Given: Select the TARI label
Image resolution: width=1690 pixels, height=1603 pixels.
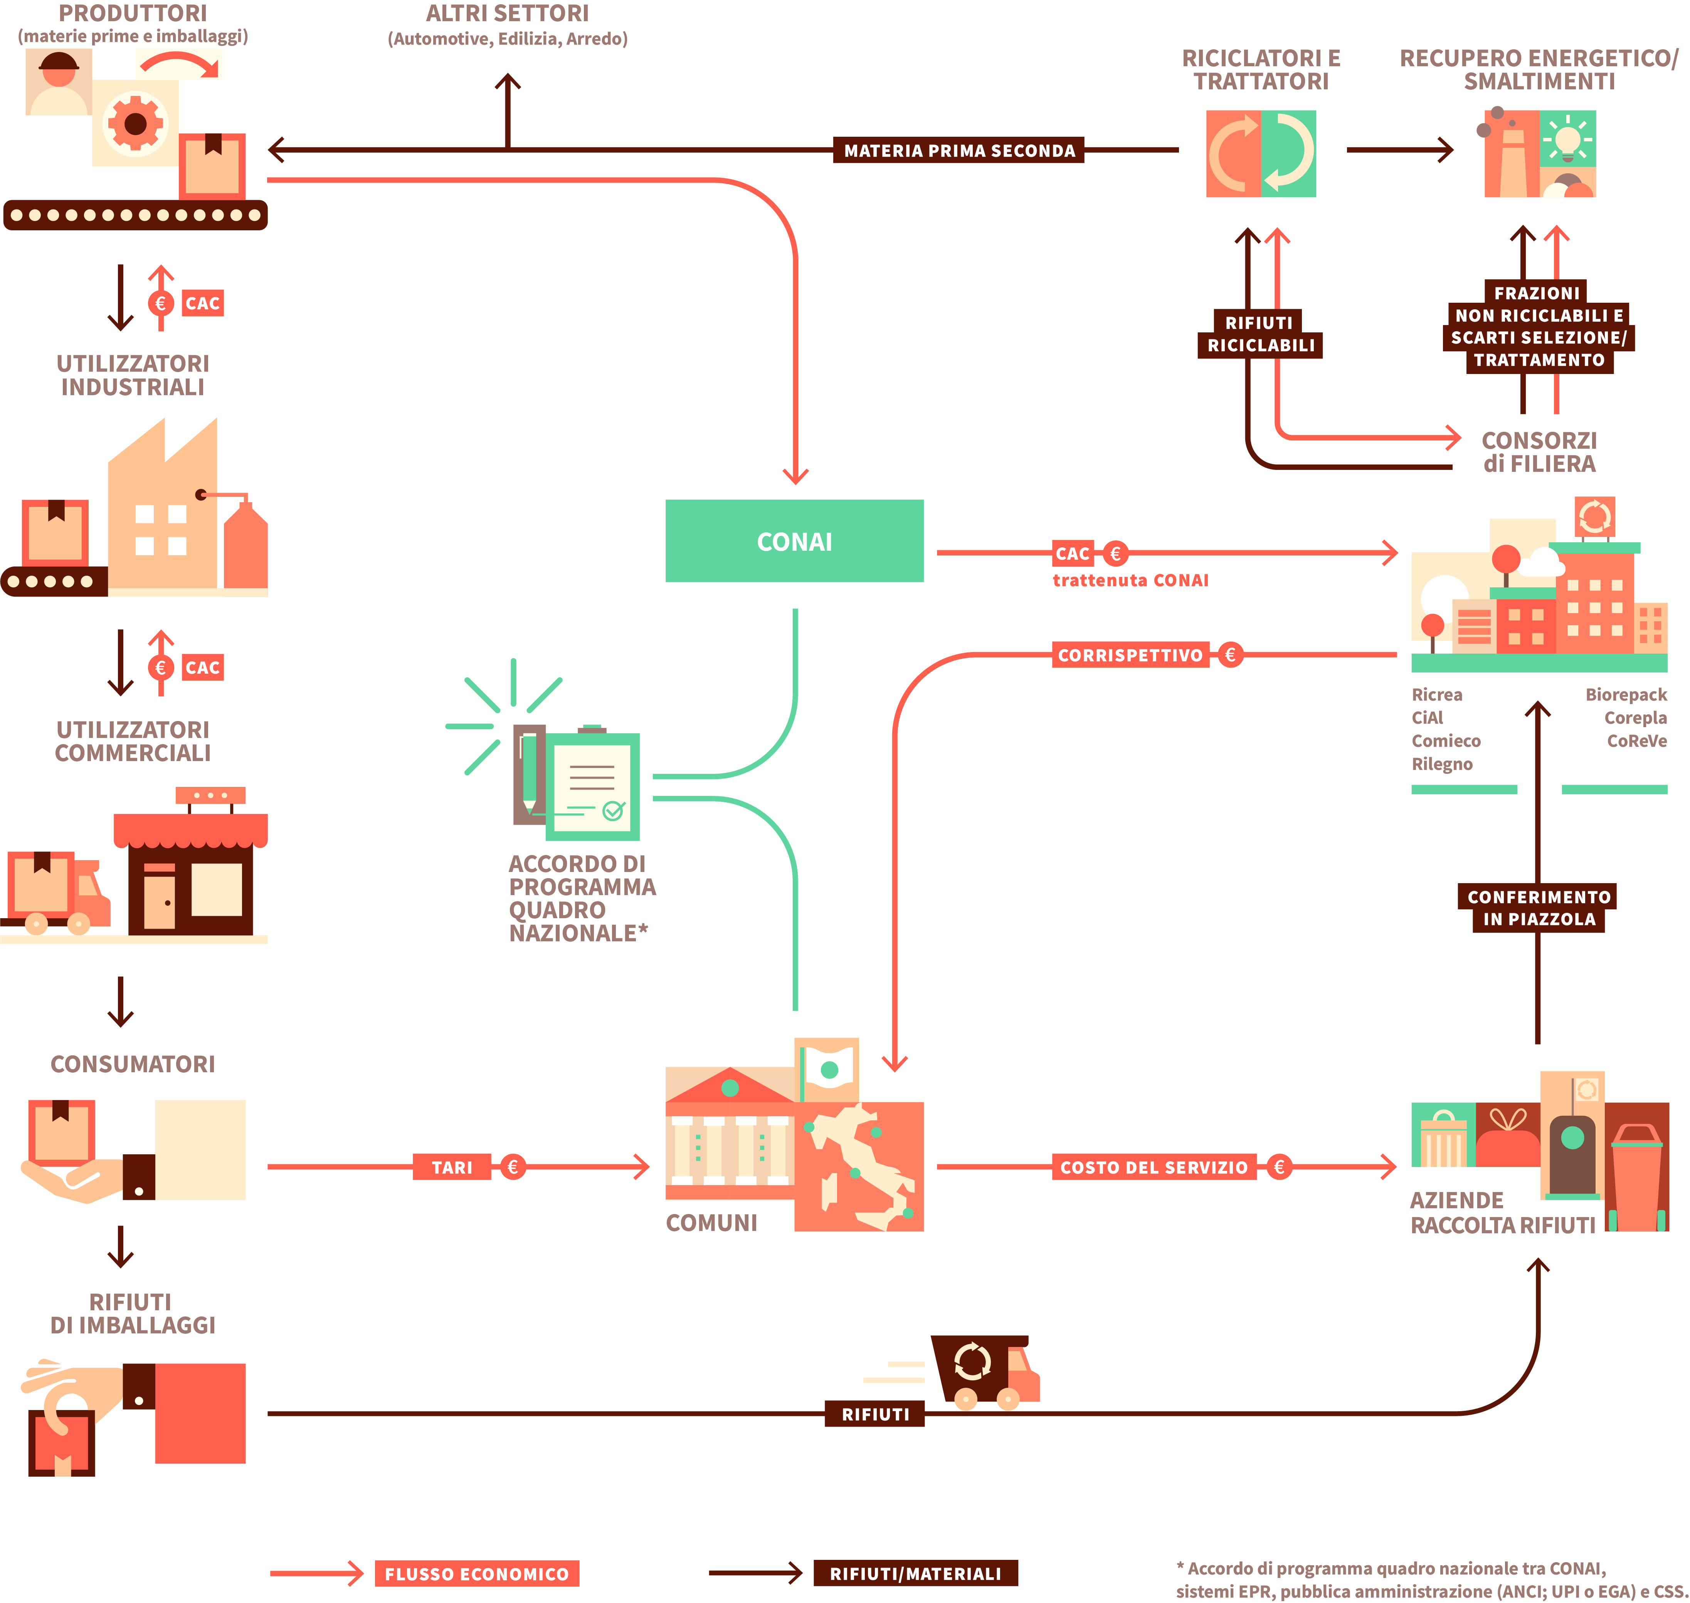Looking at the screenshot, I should click(x=451, y=1167).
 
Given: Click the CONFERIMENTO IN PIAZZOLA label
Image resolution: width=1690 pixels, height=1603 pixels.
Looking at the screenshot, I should click(x=1538, y=907).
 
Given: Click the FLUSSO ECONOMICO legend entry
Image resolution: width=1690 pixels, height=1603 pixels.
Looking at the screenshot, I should click(x=476, y=1574).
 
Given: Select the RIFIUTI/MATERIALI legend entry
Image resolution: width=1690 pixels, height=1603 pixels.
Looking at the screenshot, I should click(x=915, y=1574).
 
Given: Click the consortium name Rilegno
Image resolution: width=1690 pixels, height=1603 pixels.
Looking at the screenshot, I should click(x=1441, y=764).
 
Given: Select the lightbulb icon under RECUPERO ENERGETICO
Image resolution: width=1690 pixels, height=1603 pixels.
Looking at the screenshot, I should click(x=1568, y=138).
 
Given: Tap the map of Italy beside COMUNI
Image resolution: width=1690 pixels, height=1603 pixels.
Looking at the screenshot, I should click(x=859, y=1166).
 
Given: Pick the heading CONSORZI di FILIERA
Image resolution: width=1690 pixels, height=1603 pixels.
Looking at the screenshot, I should click(x=1539, y=452).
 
